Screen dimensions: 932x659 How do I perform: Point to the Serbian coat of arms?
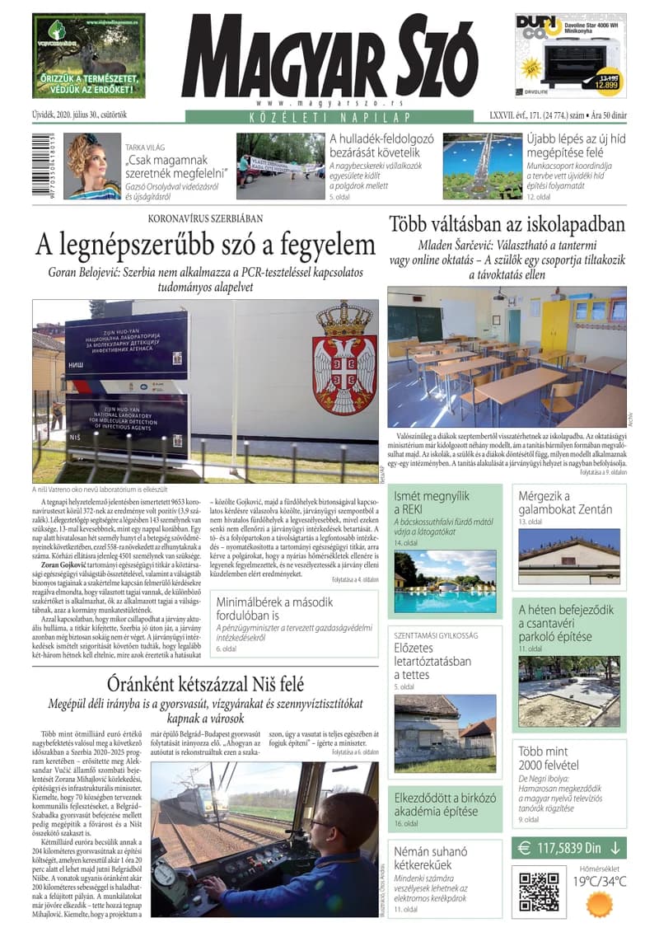pyautogui.click(x=345, y=357)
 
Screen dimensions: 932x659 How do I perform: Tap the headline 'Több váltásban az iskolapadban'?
pyautogui.click(x=507, y=224)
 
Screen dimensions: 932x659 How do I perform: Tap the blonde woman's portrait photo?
pyautogui.click(x=91, y=166)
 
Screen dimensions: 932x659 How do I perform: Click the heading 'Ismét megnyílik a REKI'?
pyautogui.click(x=432, y=503)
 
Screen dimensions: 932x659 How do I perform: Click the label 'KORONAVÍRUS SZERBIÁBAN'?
pyautogui.click(x=205, y=219)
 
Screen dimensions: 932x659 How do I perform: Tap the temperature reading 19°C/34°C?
pyautogui.click(x=600, y=880)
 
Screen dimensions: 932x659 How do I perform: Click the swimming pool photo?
pyautogui.click(x=444, y=582)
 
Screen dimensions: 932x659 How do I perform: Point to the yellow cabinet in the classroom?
pyautogui.click(x=555, y=323)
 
